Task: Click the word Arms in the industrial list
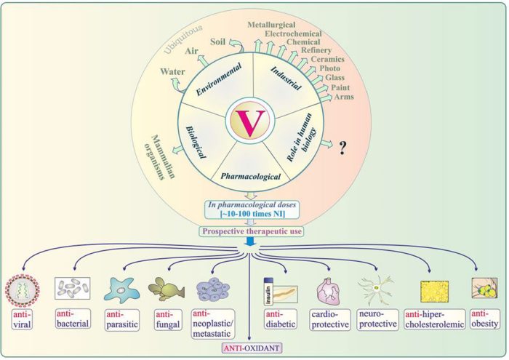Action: [344, 97]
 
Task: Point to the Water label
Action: [172, 72]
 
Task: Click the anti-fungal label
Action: [166, 317]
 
